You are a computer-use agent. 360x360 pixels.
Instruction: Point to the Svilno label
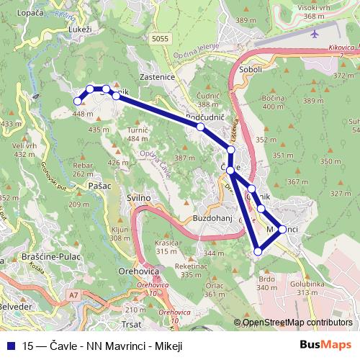(x=138, y=197)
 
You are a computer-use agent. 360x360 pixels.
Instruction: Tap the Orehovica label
(x=140, y=272)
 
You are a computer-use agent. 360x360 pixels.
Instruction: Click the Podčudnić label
(x=207, y=115)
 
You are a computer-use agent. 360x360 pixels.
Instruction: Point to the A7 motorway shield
(x=74, y=294)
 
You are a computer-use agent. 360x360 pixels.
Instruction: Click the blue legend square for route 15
(x=10, y=346)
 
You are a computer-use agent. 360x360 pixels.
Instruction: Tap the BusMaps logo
(x=325, y=346)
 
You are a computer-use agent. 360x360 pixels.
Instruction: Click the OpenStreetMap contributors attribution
(x=297, y=323)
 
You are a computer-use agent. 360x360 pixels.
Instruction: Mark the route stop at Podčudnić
(x=200, y=127)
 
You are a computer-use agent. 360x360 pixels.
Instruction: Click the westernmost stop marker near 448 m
(x=78, y=102)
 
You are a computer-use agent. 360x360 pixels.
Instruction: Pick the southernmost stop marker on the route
(x=258, y=251)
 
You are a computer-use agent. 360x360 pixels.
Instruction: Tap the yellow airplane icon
(x=315, y=33)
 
